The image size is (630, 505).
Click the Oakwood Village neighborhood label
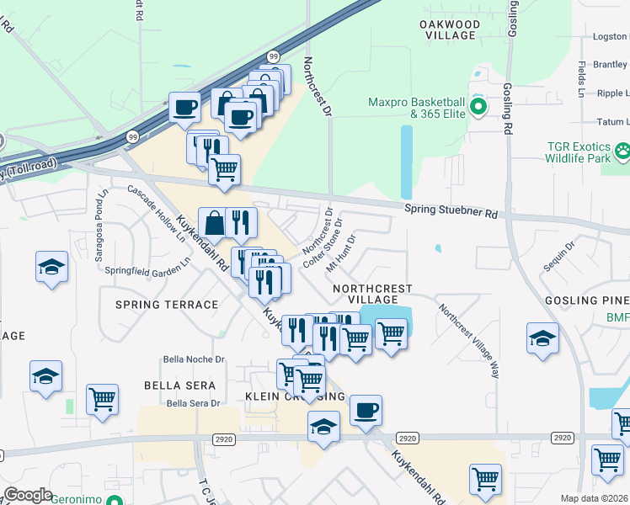pos(450,30)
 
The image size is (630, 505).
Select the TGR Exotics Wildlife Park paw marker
pos(622,151)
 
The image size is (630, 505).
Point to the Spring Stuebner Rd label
pos(451,210)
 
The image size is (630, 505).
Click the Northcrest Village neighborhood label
pos(372,294)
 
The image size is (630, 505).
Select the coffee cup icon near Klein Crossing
pos(366,411)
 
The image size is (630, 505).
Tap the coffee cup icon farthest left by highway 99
pos(184,108)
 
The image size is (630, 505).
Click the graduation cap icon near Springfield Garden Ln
pos(52,267)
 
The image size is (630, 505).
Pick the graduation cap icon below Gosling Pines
pos(542,338)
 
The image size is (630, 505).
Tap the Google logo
pos(28,495)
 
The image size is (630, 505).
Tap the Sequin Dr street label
pos(558,258)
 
